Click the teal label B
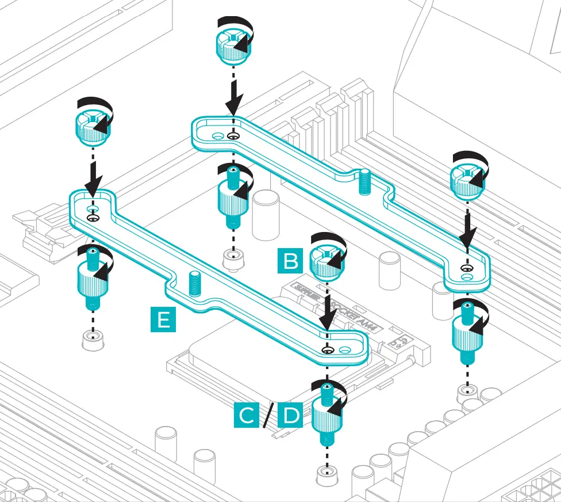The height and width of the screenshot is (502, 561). tap(290, 261)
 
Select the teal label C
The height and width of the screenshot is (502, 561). tap(247, 416)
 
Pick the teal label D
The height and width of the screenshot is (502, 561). tap(291, 416)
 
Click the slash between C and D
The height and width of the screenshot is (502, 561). tap(268, 416)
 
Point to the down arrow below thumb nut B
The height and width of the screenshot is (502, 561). tap(327, 314)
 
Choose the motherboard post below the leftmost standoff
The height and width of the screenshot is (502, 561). tap(92, 340)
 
